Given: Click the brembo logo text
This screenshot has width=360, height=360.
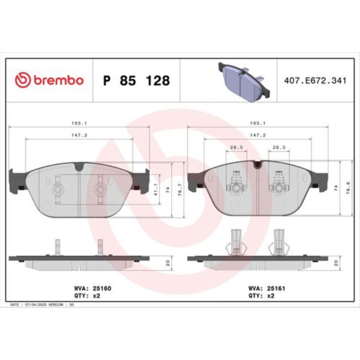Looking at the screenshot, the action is [x=59, y=80].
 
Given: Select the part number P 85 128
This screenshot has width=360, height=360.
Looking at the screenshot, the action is [x=136, y=81].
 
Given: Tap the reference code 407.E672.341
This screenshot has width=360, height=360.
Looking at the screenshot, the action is [x=315, y=81].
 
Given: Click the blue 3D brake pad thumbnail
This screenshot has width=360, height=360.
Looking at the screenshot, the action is [x=244, y=82].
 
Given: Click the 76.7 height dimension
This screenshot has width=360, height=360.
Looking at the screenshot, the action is [x=180, y=190].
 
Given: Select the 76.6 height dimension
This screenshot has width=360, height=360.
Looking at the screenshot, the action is [x=348, y=188].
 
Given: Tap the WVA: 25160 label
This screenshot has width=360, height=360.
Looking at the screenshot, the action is [x=93, y=288].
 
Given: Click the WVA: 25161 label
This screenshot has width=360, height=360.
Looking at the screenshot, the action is [x=266, y=288].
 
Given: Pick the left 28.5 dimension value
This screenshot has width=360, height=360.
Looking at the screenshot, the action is [x=237, y=147].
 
